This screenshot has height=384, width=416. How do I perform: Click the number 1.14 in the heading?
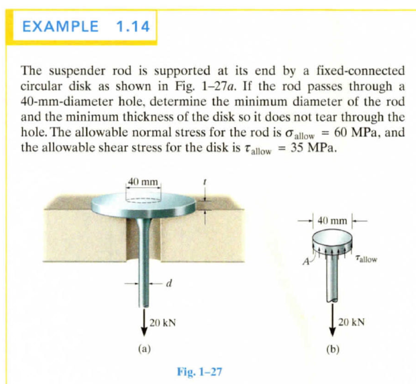click(133, 27)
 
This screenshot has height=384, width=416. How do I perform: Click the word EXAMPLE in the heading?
click(60, 27)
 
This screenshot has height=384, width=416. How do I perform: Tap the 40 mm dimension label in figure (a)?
click(144, 182)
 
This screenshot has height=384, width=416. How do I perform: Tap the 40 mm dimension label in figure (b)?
click(332, 220)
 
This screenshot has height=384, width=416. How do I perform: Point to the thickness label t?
click(204, 182)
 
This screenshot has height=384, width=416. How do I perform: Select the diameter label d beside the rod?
click(168, 283)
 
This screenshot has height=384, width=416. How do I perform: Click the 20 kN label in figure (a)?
click(162, 323)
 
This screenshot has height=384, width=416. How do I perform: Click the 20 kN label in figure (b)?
click(352, 322)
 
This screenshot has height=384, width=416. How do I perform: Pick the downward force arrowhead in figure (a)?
click(144, 332)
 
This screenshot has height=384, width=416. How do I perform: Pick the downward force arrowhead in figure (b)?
click(333, 332)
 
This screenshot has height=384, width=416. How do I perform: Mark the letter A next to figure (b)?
click(306, 262)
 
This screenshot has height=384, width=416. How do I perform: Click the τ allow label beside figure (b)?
click(367, 258)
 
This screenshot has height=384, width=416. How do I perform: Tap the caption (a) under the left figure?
click(144, 349)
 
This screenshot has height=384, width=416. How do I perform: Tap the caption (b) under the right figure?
click(333, 349)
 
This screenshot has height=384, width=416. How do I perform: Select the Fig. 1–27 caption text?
click(199, 371)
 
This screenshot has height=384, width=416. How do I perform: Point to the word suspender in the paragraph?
click(77, 71)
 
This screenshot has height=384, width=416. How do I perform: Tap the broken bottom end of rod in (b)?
click(332, 300)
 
